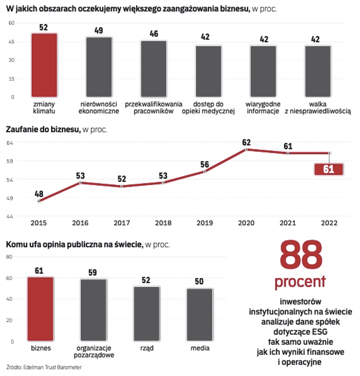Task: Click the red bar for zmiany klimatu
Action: coord(44,65)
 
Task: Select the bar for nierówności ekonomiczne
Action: coord(99,67)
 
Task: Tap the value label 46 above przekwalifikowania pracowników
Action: coord(154,34)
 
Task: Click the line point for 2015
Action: coord(39,201)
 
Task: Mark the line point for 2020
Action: coord(247,149)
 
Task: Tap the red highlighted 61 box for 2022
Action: coord(329,170)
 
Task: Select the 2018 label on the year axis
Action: coord(163,223)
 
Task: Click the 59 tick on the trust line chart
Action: coord(10,161)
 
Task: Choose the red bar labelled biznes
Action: coord(41,309)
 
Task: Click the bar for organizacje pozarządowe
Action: coord(94,310)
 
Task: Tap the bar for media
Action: coord(200,315)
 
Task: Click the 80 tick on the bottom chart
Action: coord(10,257)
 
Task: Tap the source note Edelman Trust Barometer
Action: coord(45,367)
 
